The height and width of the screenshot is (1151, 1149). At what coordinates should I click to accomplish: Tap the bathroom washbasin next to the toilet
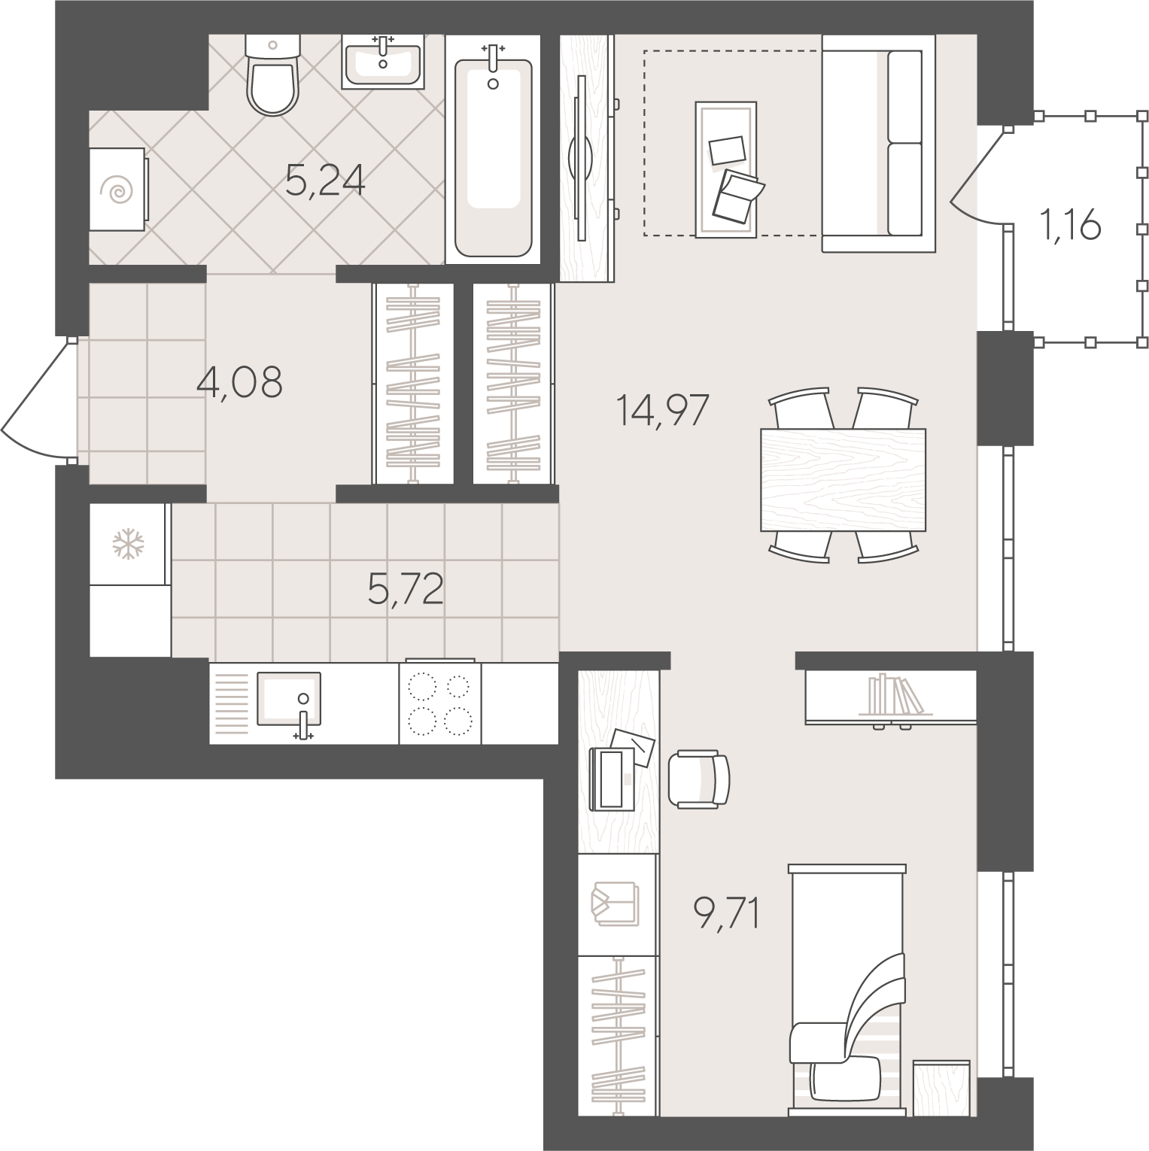(383, 62)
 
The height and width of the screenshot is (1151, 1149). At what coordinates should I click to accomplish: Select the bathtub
(493, 150)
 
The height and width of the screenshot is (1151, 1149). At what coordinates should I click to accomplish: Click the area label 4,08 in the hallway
(239, 382)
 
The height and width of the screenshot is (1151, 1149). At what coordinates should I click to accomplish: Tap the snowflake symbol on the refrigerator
(128, 544)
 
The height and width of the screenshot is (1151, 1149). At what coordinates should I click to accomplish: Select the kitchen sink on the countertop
(289, 700)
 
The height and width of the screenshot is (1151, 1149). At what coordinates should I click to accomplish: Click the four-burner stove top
(440, 703)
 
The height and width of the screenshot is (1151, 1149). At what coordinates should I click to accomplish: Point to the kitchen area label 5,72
(406, 590)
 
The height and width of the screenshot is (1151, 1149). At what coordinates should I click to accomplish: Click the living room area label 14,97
(662, 411)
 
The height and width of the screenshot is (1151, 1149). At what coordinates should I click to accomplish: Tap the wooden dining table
(843, 479)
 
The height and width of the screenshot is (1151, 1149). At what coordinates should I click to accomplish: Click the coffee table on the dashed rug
(726, 169)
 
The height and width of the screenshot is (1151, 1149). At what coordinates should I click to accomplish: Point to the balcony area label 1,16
(1071, 226)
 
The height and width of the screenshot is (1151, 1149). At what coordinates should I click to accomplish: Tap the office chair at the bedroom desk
(699, 779)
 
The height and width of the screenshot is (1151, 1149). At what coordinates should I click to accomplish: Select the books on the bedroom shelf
(895, 696)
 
